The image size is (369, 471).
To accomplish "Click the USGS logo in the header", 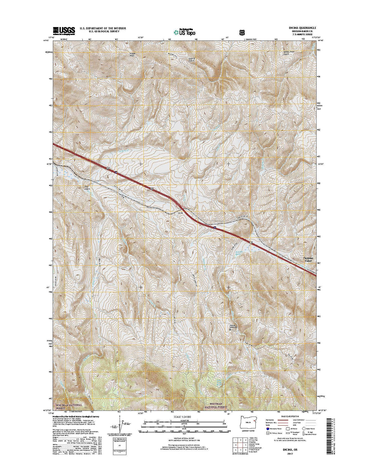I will click(x=64, y=30).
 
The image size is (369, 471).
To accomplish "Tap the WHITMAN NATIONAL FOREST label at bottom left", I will click(x=69, y=406).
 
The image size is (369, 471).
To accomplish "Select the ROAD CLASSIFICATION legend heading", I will click(x=291, y=416).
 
